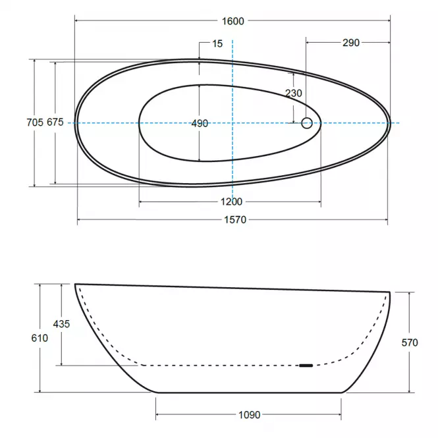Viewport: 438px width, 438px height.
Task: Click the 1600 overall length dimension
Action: [233, 21]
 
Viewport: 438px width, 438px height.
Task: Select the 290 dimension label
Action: [351, 43]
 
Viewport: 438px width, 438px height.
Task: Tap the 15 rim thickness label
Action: [217, 43]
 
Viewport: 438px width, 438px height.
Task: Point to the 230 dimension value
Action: [294, 93]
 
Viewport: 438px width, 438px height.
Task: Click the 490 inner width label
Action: [200, 123]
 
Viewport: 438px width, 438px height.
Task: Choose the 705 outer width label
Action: [35, 123]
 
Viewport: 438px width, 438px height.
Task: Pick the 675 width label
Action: [55, 122]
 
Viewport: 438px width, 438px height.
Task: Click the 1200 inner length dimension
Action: [231, 202]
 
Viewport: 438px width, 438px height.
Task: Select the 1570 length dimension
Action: [235, 220]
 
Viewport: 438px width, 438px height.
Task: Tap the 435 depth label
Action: [61, 324]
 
